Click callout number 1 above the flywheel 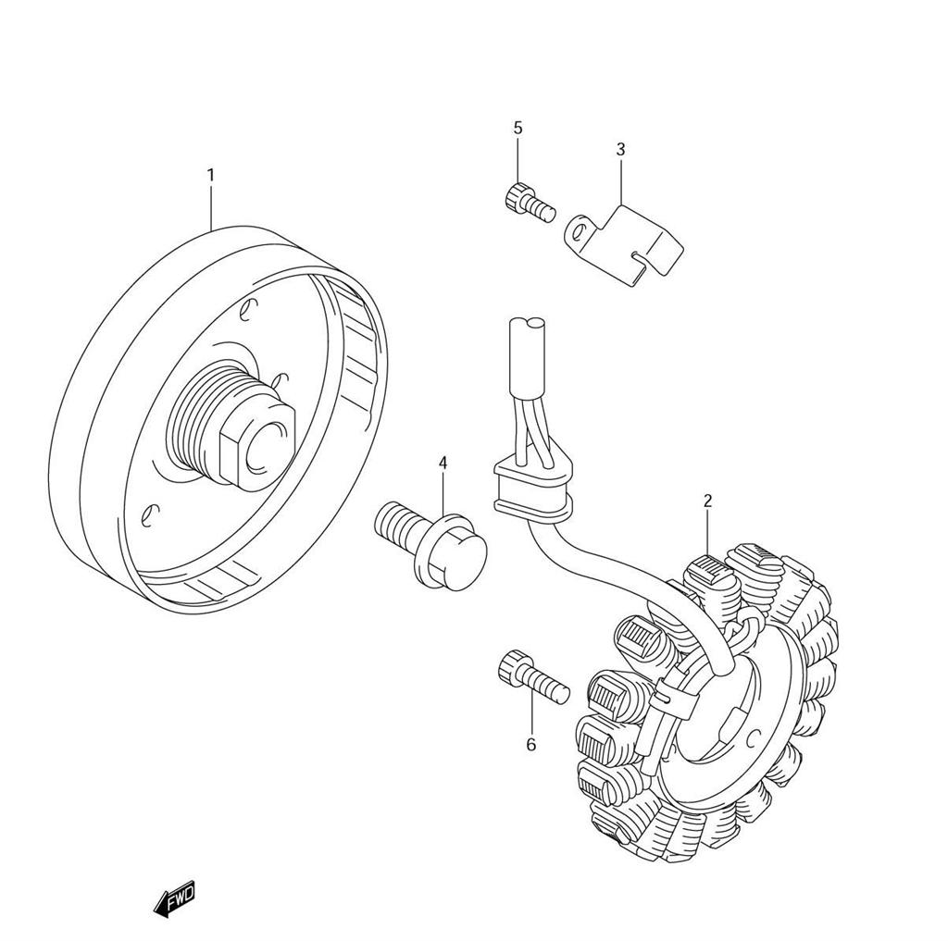[210, 175]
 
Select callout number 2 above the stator [707, 501]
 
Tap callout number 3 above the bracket [620, 149]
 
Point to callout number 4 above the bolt [443, 462]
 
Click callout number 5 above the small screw [518, 127]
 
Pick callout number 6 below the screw [530, 744]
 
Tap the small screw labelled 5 [529, 200]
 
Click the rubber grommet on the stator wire [530, 489]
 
